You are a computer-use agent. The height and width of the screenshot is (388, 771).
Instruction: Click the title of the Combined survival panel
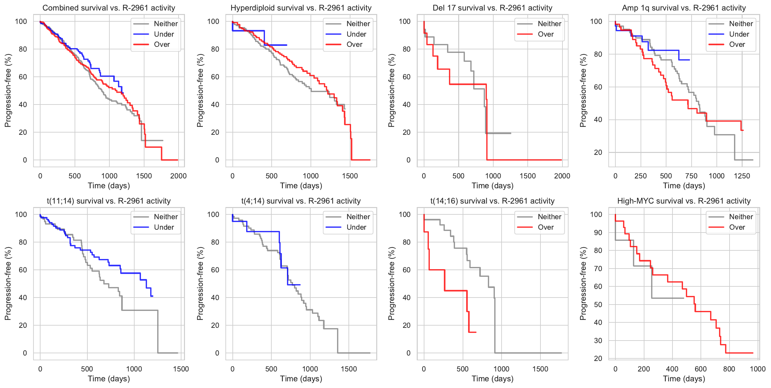[x=109, y=8]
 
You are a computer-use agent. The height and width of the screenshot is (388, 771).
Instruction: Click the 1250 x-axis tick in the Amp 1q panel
[x=742, y=176]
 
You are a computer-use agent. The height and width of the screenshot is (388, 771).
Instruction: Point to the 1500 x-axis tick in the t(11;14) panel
[x=181, y=369]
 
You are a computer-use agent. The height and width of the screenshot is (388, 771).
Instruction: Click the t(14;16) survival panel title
[x=492, y=201]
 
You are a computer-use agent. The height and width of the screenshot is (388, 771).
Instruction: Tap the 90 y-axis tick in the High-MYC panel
[x=596, y=233]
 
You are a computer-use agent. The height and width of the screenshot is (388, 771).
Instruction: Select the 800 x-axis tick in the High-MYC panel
[x=729, y=369]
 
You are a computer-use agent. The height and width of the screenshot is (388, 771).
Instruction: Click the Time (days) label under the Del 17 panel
[x=492, y=186]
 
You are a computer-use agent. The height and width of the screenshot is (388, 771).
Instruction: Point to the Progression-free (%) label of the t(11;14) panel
[x=8, y=284]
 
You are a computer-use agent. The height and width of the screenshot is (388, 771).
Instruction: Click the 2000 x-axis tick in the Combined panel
[x=178, y=176]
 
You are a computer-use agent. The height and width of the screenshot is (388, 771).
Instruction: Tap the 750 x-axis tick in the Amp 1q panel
[x=691, y=176]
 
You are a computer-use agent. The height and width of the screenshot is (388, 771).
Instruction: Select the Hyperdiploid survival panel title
[x=301, y=8]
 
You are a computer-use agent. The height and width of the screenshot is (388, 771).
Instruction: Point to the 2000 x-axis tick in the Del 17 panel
[x=562, y=176]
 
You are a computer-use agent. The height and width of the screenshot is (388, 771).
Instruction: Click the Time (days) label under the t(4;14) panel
[x=301, y=379]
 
